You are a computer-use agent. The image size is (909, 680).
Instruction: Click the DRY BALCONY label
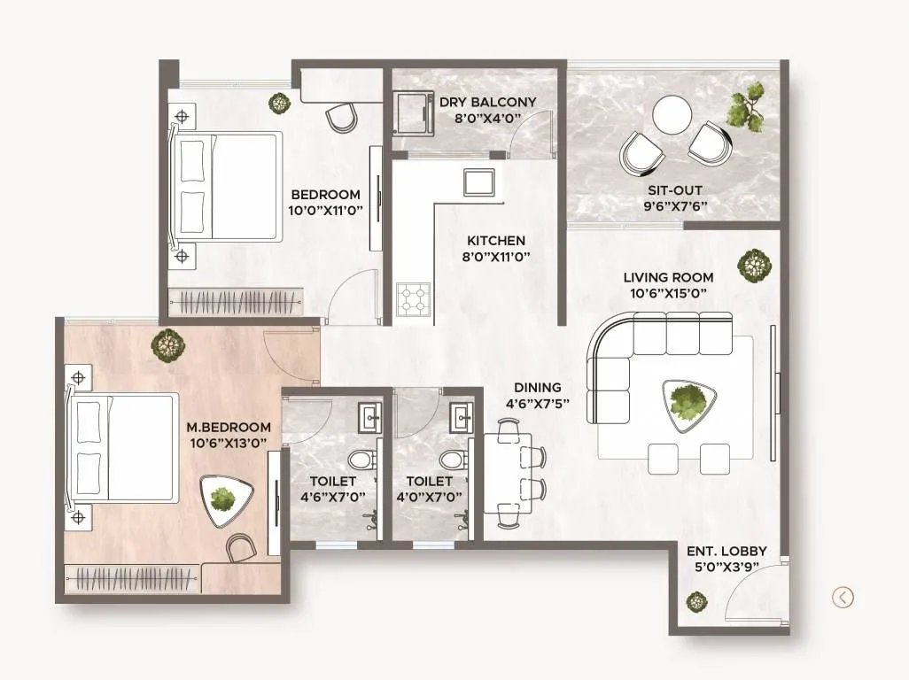pos(487,102)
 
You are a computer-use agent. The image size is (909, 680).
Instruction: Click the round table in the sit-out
pos(672,114)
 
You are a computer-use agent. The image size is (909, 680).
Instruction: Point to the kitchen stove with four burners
pos(413,298)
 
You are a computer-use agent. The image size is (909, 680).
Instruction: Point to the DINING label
pos(538,387)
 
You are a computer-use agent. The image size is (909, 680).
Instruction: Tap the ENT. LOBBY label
pos(726,551)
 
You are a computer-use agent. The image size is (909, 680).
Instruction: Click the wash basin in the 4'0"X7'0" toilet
pos(460,415)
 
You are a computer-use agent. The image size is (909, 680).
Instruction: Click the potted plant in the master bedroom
pos(166,344)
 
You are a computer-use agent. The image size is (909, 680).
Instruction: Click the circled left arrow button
pos(843,598)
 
